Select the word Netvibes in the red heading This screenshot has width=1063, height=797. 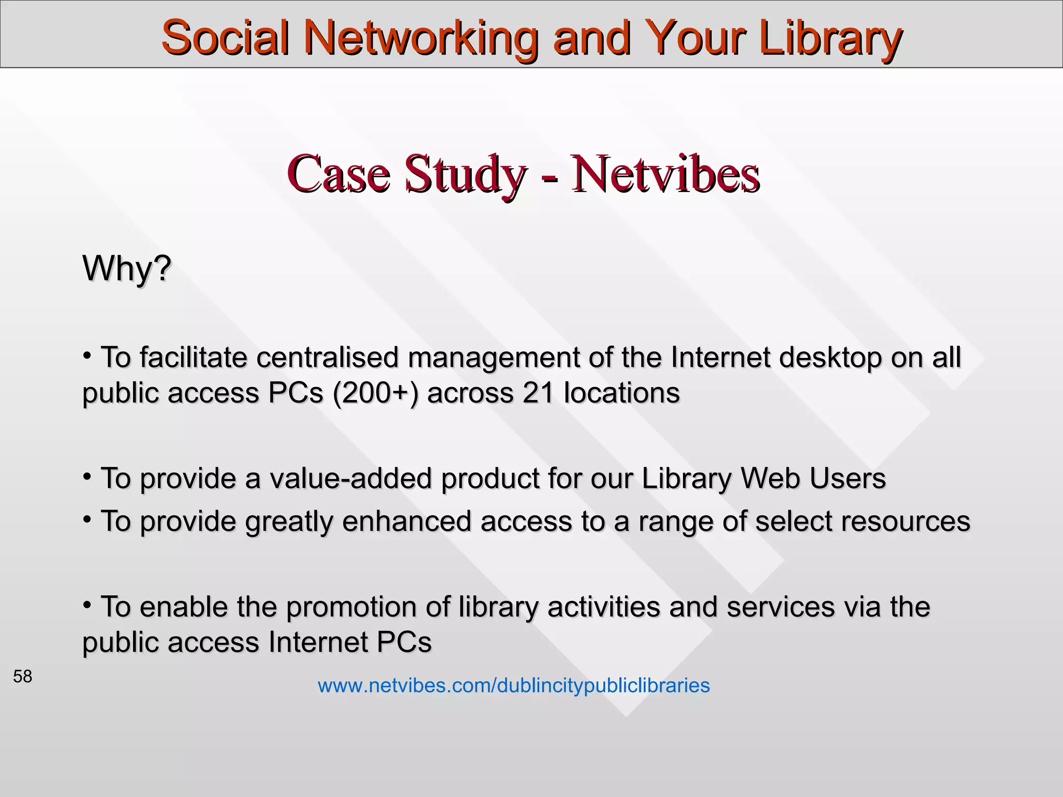tap(665, 173)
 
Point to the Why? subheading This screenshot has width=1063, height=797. tap(127, 268)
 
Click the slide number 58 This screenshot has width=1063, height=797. tap(23, 676)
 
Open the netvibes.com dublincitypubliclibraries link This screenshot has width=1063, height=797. tap(513, 685)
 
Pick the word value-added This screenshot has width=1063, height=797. tap(351, 478)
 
